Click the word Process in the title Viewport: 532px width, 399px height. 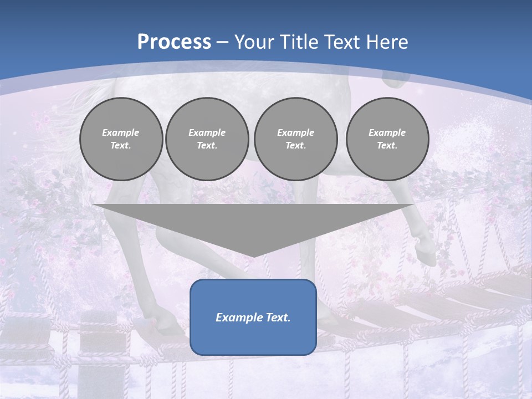pyautogui.click(x=174, y=42)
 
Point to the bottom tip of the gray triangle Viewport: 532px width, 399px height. pyautogui.click(x=253, y=257)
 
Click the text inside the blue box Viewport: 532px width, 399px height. pyautogui.click(x=253, y=318)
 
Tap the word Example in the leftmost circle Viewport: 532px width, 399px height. pyautogui.click(x=121, y=132)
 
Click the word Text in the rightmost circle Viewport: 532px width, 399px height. pyautogui.click(x=387, y=145)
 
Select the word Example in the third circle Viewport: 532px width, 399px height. pyautogui.click(x=295, y=132)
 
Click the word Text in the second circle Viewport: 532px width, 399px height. pyautogui.click(x=207, y=145)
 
